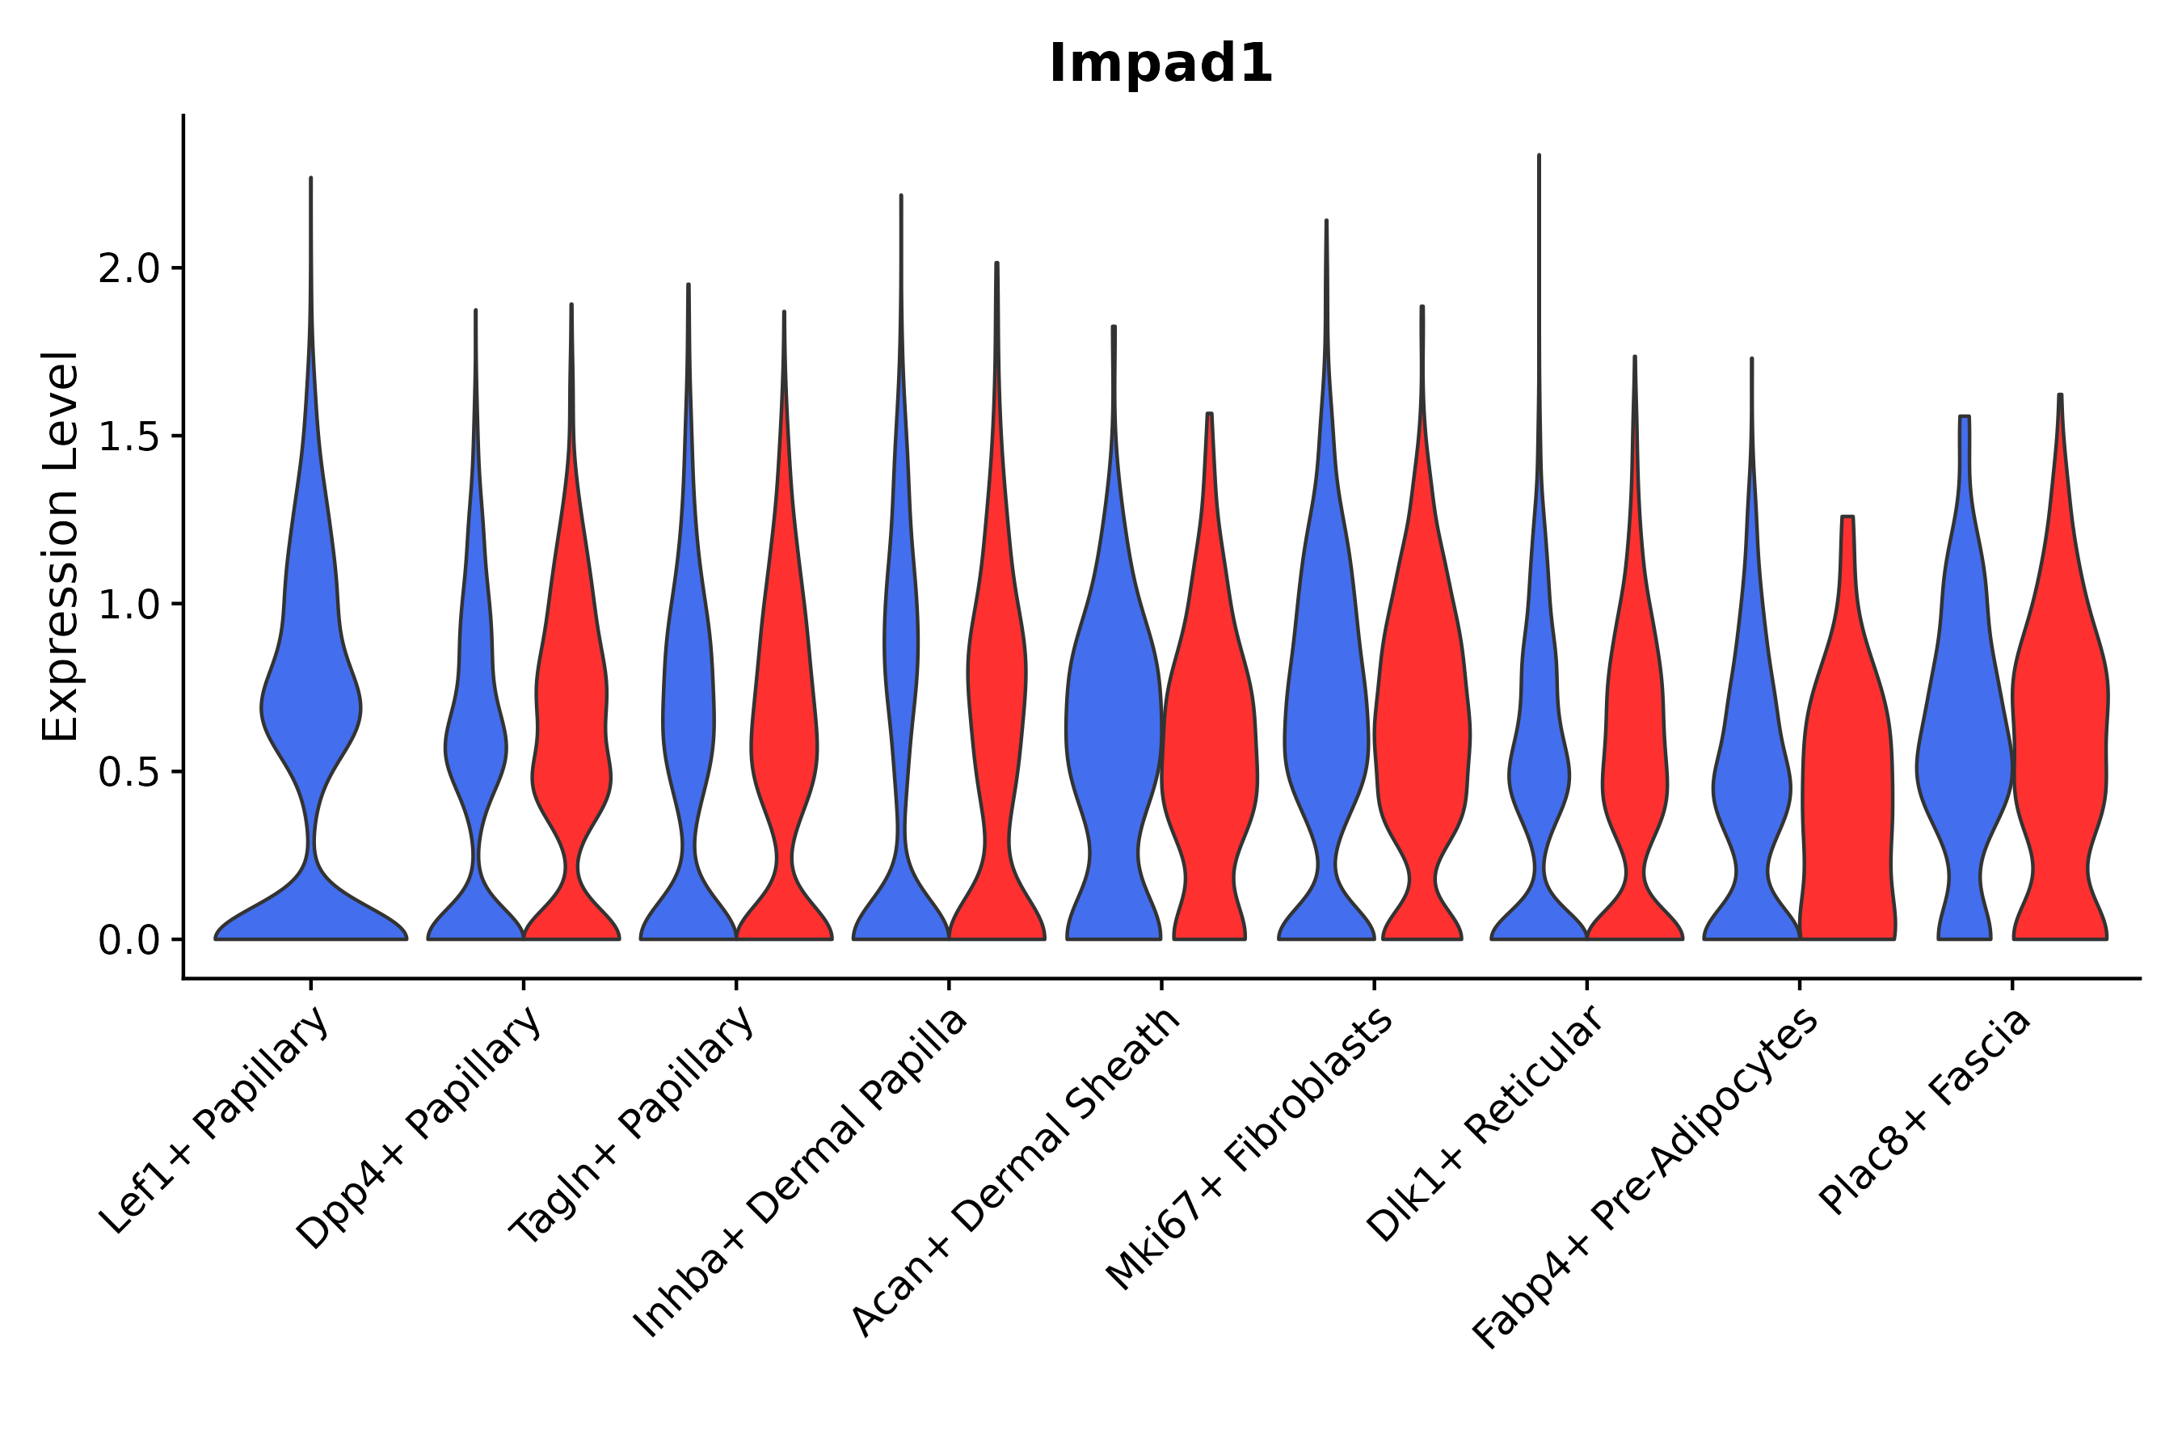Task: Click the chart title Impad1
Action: pos(1160,65)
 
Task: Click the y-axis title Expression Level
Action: pos(61,546)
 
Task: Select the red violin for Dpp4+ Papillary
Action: pos(571,742)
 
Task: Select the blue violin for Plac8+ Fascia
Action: pos(1964,742)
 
